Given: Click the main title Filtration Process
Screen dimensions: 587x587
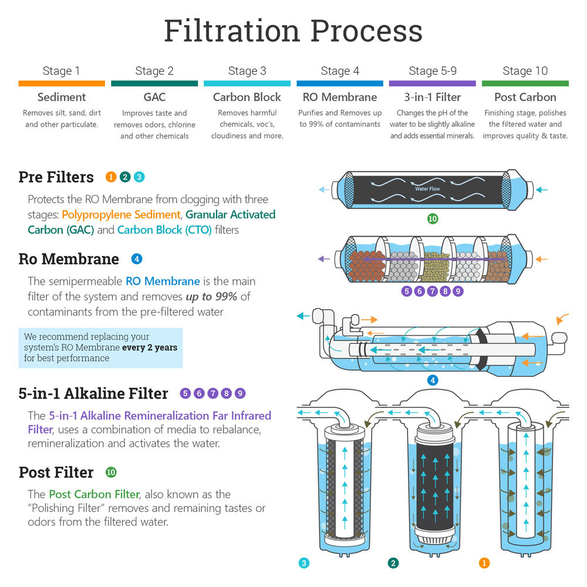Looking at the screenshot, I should (x=293, y=31).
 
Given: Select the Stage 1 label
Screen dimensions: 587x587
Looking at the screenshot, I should (x=61, y=71).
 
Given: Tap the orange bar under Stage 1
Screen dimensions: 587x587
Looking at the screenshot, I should (x=61, y=84).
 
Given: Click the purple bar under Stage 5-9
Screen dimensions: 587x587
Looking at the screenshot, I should (x=432, y=84).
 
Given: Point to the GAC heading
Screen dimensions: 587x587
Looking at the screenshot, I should (x=154, y=97).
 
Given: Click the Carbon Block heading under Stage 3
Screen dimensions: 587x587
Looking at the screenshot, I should (x=247, y=97).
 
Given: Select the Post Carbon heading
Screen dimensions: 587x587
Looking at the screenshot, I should (x=525, y=97).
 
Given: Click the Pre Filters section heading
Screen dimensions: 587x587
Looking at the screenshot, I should (x=56, y=177).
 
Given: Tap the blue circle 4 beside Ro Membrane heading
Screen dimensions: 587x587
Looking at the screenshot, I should (x=137, y=258).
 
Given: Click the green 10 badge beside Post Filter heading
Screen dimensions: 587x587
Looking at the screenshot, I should (x=111, y=472).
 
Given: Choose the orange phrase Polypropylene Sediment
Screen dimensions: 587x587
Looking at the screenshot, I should (x=120, y=215).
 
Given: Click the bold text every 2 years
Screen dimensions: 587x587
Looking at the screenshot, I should (x=150, y=348).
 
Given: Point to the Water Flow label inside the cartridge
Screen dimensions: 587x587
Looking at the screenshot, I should (x=427, y=189).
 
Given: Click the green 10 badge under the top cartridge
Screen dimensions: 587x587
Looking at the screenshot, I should (x=432, y=219).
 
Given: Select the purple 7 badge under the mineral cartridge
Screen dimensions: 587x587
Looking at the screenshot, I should (x=432, y=291).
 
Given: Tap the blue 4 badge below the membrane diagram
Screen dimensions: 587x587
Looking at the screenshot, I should (x=433, y=380).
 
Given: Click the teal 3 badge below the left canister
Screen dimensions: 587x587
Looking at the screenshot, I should (x=303, y=563).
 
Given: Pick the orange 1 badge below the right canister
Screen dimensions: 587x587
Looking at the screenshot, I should (x=484, y=563).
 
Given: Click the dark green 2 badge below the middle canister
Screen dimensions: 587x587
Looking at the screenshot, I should (x=393, y=563).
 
